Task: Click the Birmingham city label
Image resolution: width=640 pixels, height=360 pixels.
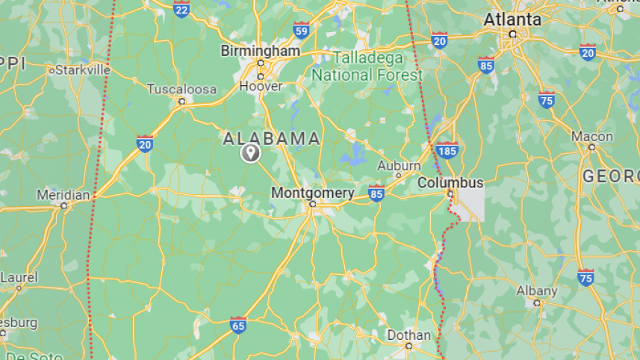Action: [x=260, y=51]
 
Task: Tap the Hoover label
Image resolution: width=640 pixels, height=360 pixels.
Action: [x=261, y=86]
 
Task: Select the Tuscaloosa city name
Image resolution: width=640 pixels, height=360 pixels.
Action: [x=181, y=89]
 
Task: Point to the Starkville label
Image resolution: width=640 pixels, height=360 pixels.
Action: [x=82, y=69]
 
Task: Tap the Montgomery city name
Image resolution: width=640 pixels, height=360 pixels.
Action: [x=312, y=193]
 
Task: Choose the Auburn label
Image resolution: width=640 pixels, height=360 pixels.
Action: [x=394, y=165]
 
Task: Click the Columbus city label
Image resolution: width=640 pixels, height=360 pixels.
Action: [x=450, y=182]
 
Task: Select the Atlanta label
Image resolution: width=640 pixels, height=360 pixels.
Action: [x=512, y=19]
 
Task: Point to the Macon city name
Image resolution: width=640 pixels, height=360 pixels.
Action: [x=591, y=137]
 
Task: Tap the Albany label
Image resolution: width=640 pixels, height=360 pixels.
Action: [x=536, y=291]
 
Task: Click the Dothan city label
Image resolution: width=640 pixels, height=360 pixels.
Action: [x=408, y=335]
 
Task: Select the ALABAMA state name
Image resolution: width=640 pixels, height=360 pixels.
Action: [x=272, y=138]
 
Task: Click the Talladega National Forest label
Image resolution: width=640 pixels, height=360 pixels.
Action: [x=367, y=66]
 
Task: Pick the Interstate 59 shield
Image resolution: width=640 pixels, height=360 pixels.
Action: [x=301, y=31]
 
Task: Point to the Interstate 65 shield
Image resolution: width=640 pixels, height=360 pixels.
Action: [x=238, y=323]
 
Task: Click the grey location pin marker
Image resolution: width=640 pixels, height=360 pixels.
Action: [x=250, y=153]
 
